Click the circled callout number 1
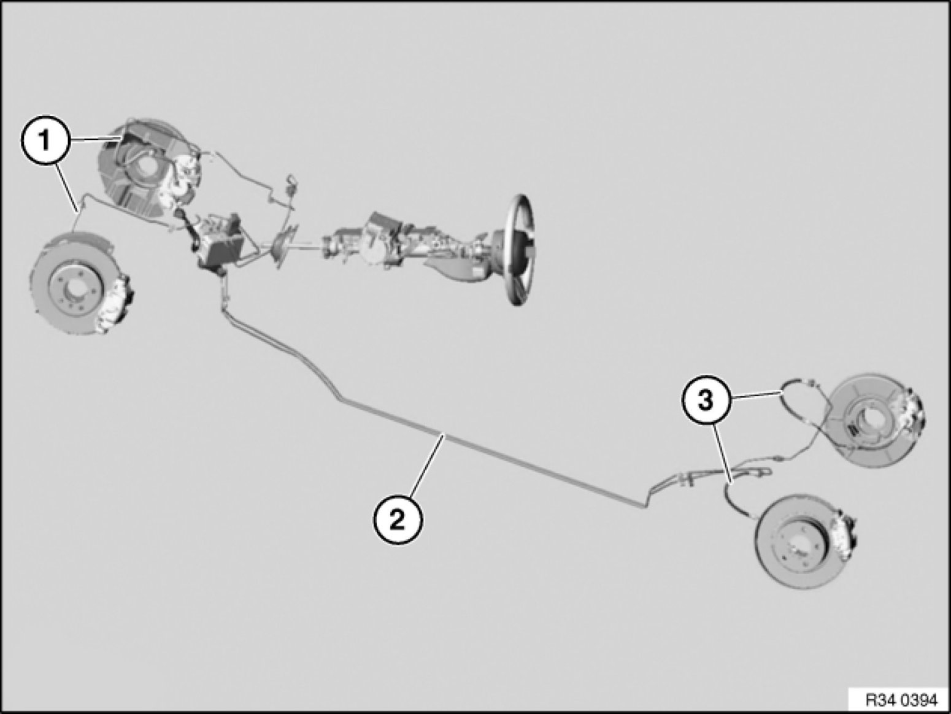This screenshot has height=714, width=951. click(45, 140)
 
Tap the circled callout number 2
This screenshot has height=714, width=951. click(398, 520)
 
